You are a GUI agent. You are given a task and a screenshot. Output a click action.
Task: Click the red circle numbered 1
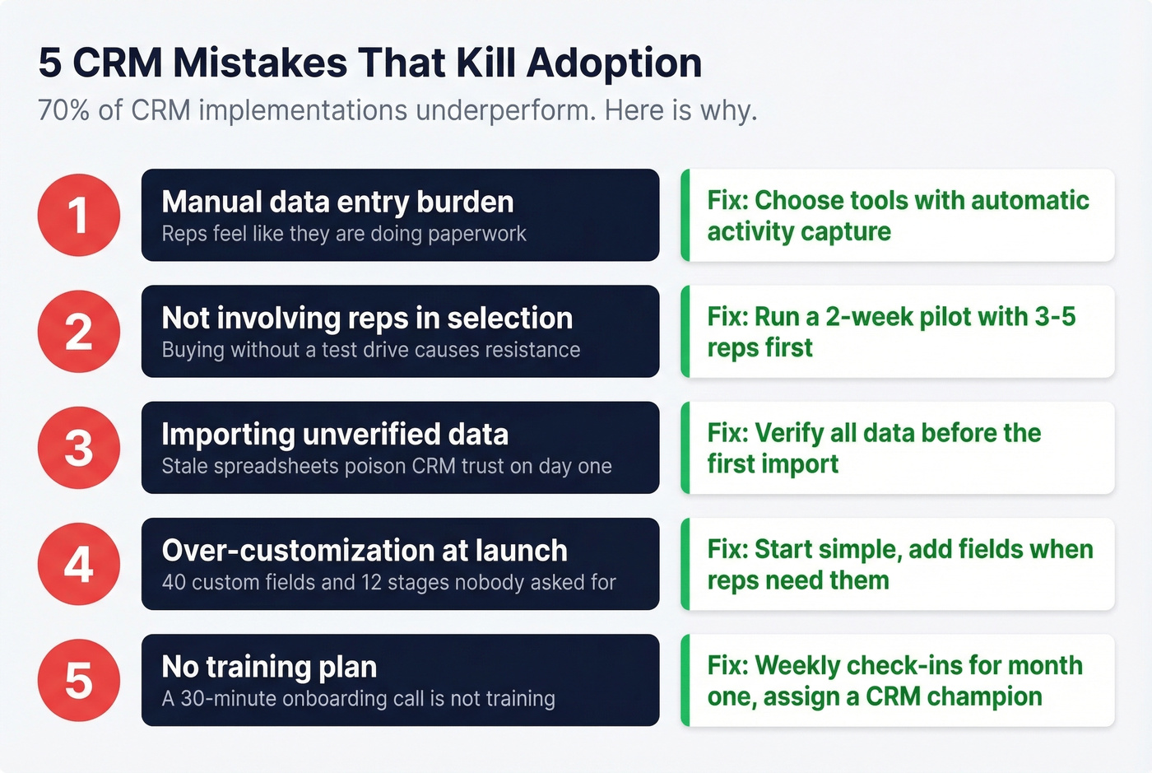click(x=79, y=216)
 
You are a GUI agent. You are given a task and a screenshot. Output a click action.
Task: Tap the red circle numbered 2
click(x=79, y=332)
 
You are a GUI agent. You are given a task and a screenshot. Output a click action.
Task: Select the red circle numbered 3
click(x=79, y=448)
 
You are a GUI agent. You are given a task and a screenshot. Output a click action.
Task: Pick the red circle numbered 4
click(x=79, y=564)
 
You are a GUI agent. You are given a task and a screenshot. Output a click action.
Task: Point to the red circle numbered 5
click(x=79, y=680)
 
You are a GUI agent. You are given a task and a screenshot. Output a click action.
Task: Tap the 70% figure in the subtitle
click(x=63, y=110)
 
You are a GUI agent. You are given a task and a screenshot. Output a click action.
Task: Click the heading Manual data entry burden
click(x=337, y=202)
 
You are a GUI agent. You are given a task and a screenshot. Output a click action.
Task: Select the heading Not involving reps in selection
click(x=367, y=318)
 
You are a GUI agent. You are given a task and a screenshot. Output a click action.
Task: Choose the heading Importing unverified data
click(x=335, y=434)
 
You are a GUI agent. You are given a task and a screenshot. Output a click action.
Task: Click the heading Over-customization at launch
click(x=365, y=550)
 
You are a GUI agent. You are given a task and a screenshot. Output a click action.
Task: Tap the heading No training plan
click(x=269, y=666)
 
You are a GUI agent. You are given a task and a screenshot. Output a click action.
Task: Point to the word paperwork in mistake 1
click(x=477, y=234)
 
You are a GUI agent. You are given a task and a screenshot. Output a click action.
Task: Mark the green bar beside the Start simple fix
click(x=685, y=564)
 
